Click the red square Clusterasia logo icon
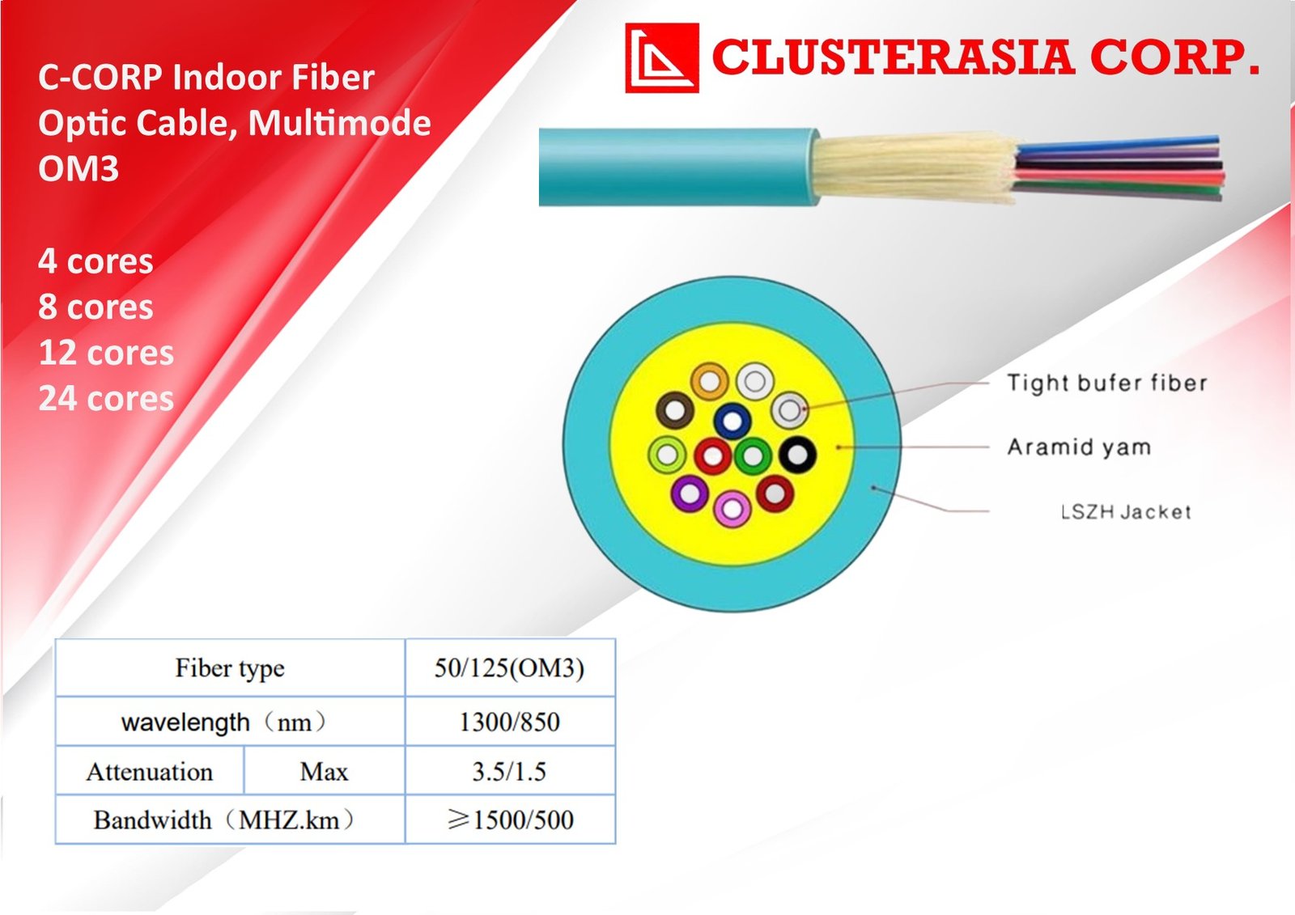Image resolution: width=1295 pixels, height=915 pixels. [662, 57]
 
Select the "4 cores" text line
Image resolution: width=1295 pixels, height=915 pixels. [96, 261]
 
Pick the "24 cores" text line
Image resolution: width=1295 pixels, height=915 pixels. [106, 398]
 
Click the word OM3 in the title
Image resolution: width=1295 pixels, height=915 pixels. [78, 169]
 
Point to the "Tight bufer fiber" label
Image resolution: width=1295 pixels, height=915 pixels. [1107, 383]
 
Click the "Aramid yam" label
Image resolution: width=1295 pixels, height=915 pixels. [1079, 447]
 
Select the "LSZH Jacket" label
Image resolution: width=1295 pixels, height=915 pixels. [1127, 511]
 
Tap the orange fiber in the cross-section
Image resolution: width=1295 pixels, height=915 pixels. [709, 382]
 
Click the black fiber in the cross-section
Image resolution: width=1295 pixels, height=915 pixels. [798, 455]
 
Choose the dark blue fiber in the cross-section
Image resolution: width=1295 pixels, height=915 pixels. [732, 421]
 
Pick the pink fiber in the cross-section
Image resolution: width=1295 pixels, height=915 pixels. [732, 509]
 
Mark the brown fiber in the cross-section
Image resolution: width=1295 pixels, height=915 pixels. [675, 410]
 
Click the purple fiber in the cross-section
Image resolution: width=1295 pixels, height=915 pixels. [690, 494]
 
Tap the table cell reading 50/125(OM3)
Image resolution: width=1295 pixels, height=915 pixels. [509, 668]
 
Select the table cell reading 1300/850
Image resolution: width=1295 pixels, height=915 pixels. [509, 722]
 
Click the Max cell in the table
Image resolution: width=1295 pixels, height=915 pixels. [324, 772]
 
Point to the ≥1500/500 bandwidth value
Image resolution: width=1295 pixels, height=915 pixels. [510, 820]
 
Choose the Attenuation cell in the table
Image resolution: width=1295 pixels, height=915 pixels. [150, 772]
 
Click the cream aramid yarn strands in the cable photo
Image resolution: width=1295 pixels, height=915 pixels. [915, 167]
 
